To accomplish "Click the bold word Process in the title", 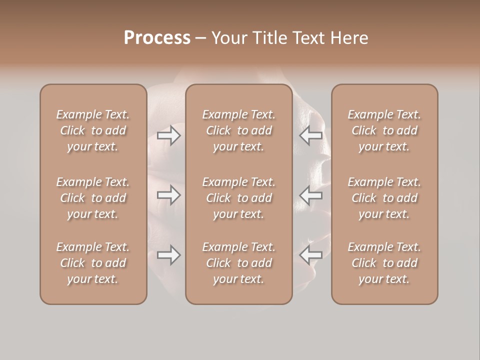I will pos(157,38).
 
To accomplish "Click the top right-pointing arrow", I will pos(168,135).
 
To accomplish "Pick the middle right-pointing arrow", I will pos(168,195).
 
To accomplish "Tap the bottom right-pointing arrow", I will pos(168,255).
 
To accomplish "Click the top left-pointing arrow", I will pos(311,135).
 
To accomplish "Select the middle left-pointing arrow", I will pos(311,195).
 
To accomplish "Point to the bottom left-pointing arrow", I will pos(311,255).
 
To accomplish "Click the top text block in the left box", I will pos(93,130).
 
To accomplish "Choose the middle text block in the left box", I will pos(93,198).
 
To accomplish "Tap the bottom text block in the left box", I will pos(93,263).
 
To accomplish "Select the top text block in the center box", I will pos(238,130).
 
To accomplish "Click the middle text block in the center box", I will pos(238,198).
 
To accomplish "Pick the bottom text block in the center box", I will pos(238,263).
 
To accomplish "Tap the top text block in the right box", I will pos(384,130).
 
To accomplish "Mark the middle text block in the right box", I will pos(384,198).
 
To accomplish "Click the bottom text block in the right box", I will pos(384,263).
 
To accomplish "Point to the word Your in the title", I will pos(227,38).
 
